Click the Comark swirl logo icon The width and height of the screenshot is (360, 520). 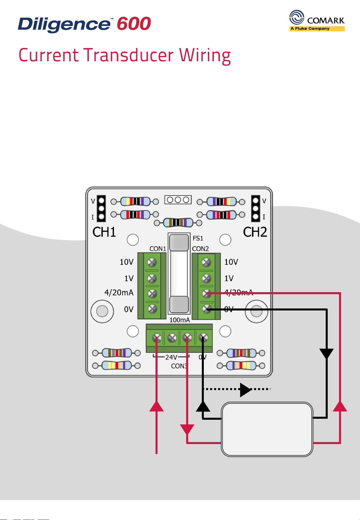tap(297, 17)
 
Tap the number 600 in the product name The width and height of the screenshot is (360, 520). tap(134, 24)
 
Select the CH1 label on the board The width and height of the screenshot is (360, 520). tap(104, 232)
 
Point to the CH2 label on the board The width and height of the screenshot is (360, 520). tap(255, 232)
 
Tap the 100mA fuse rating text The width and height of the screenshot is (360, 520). tap(180, 320)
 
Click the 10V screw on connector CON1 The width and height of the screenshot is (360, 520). tap(152, 262)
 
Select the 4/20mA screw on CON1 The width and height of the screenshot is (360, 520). tap(152, 293)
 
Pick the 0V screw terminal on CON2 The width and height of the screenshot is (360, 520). tap(207, 309)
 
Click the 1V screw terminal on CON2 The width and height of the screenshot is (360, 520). tap(207, 278)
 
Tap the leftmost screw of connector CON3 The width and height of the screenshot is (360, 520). tap(157, 338)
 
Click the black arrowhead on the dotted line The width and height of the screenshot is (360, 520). tap(245, 389)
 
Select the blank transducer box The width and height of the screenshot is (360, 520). tap(267, 429)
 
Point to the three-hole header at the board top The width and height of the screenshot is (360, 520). tap(178, 200)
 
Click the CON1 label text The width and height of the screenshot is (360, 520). tap(158, 249)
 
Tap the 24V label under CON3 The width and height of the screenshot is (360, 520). tap(171, 357)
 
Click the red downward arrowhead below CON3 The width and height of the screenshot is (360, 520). tap(187, 429)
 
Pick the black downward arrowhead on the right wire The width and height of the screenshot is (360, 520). tap(327, 353)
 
